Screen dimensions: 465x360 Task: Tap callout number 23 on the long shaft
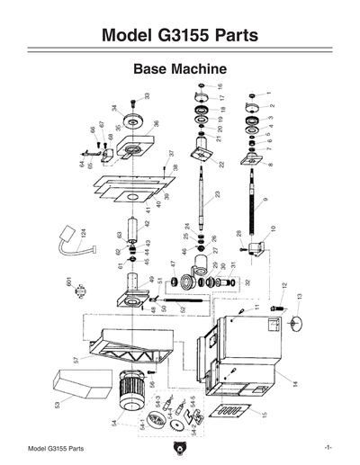(x=217, y=194)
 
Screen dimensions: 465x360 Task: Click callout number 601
(x=68, y=282)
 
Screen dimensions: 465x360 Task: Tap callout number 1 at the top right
(x=269, y=94)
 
